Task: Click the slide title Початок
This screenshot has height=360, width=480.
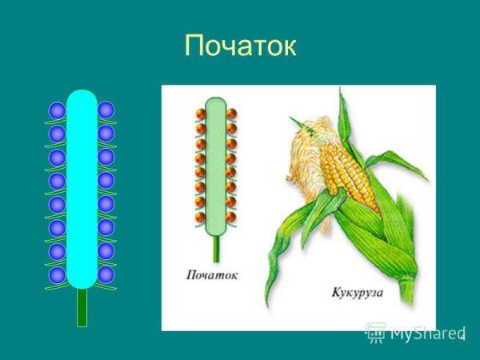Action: click(240, 46)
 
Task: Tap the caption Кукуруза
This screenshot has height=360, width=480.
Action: click(357, 293)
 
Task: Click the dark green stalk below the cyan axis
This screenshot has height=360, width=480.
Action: click(82, 307)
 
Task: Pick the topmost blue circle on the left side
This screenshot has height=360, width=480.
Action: click(57, 110)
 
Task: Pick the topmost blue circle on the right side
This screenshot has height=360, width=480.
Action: click(106, 110)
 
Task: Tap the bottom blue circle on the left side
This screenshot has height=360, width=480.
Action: click(57, 274)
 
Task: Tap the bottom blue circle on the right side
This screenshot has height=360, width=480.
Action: click(106, 274)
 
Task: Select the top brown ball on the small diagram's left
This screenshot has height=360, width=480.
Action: click(201, 114)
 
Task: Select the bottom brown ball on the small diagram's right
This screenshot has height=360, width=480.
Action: click(230, 216)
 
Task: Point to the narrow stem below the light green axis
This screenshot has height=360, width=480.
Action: click(214, 246)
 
